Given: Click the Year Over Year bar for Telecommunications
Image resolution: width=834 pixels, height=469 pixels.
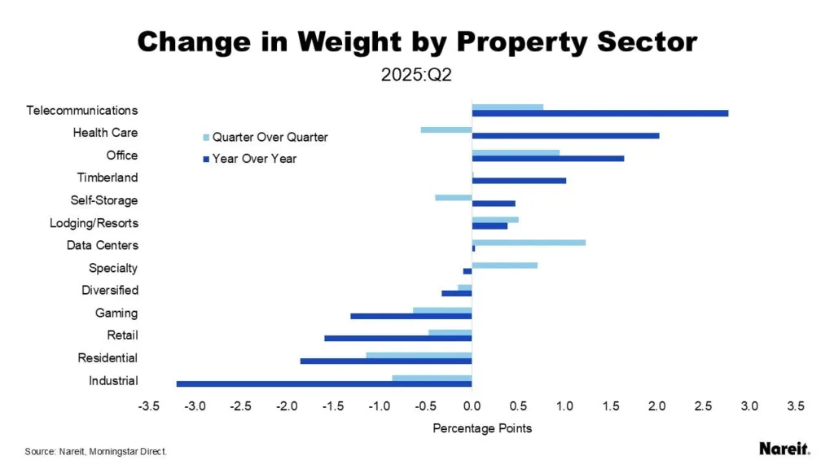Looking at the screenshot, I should (x=599, y=113).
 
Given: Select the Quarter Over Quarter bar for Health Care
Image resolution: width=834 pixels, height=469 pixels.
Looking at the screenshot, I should (x=446, y=129).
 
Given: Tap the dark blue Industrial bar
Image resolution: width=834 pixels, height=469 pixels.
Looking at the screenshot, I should (x=324, y=384).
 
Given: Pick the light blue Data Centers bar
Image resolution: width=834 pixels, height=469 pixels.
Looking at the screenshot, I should (x=529, y=242).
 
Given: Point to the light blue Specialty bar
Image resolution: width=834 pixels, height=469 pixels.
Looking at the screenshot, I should (x=505, y=265).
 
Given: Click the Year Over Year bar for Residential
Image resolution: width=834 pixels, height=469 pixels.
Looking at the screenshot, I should (x=386, y=361).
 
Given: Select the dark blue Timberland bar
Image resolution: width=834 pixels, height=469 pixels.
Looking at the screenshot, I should (x=519, y=181).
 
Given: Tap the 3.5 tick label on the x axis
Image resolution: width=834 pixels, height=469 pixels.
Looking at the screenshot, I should (x=796, y=406).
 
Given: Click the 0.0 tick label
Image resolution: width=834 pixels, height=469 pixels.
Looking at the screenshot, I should (x=472, y=406).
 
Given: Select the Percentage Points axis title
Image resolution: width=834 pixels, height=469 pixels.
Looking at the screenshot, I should (x=482, y=428).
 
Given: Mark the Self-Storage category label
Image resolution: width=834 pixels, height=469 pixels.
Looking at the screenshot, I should (x=104, y=200).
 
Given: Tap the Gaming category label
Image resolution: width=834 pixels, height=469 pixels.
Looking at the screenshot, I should (x=116, y=313).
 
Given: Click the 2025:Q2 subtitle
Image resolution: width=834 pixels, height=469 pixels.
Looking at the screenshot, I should (x=416, y=76).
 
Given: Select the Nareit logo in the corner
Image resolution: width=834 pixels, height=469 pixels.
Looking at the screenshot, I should (x=784, y=449).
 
